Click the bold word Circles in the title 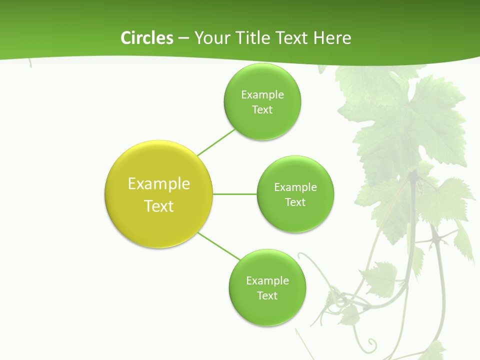(146, 38)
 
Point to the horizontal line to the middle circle (235, 194)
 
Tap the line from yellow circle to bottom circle (219, 245)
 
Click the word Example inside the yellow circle (159, 184)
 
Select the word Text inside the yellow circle (159, 206)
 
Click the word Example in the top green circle (262, 95)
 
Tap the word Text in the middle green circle (295, 202)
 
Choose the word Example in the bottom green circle (267, 281)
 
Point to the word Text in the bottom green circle (267, 296)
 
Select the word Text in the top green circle (262, 110)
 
